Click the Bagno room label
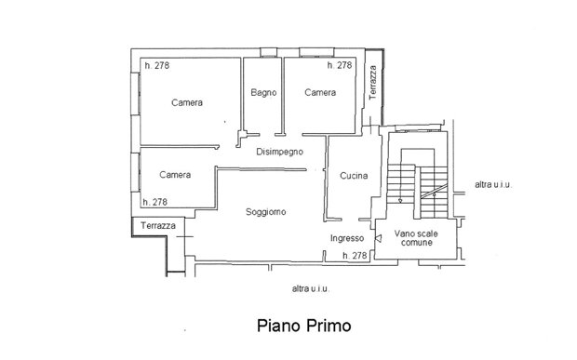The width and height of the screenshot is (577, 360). click(x=263, y=92)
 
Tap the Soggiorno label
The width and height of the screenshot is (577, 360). click(x=265, y=212)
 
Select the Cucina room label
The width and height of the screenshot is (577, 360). click(x=354, y=176)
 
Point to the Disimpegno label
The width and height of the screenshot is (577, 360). click(x=280, y=152)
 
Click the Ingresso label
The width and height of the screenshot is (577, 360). click(x=347, y=238)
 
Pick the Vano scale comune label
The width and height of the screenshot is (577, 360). click(x=416, y=238)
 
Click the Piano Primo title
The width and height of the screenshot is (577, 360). click(x=304, y=326)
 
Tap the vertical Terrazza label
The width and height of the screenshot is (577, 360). click(x=373, y=83)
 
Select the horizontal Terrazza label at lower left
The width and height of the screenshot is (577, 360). click(x=158, y=225)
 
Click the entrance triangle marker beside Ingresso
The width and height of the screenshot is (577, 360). click(x=378, y=239)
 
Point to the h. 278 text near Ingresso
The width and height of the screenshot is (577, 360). click(x=355, y=255)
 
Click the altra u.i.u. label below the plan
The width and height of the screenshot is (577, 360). click(x=310, y=288)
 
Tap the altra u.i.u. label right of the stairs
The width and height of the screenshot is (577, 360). click(x=493, y=184)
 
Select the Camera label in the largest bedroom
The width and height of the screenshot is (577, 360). click(x=187, y=102)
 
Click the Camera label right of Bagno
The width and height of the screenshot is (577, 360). click(x=320, y=92)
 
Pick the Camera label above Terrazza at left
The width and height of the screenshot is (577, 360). click(x=175, y=175)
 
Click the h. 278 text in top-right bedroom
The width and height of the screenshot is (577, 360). click(x=340, y=65)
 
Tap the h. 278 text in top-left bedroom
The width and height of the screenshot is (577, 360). click(x=157, y=65)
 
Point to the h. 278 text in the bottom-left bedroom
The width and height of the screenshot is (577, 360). click(x=154, y=202)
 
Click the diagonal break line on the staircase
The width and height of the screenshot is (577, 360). click(x=435, y=192)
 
